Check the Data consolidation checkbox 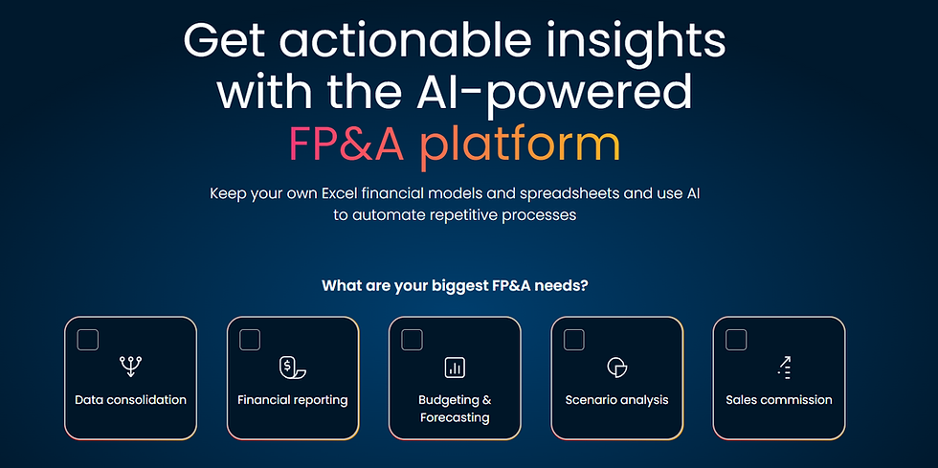[88, 340]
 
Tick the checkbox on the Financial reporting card [250, 340]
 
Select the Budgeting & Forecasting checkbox [413, 340]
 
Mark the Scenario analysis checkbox [574, 340]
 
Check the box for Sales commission [736, 340]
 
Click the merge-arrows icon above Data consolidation [130, 367]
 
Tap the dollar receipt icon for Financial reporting [293, 368]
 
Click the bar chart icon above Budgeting [455, 368]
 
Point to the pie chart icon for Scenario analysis [616, 368]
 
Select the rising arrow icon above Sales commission [784, 368]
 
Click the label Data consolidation [130, 400]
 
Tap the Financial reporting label [293, 400]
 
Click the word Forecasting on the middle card [455, 417]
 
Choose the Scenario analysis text [616, 400]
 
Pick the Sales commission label [779, 400]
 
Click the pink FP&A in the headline [346, 145]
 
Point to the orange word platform [520, 146]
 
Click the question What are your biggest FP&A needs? [456, 285]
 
